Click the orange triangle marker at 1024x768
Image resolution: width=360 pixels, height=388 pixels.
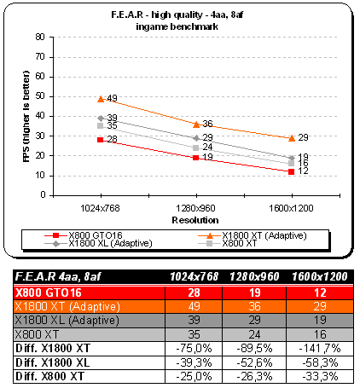pos(101,99)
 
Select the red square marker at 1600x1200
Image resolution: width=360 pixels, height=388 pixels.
pos(291,171)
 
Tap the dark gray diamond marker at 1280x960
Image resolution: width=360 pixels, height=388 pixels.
pos(196,138)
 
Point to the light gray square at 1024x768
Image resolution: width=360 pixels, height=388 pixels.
pos(101,125)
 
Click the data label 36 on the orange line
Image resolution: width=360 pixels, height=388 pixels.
pos(207,124)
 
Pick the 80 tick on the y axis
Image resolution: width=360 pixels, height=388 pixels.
pos(40,37)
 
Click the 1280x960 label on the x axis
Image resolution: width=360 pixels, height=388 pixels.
pos(195,208)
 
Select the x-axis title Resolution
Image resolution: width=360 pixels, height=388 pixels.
pos(195,220)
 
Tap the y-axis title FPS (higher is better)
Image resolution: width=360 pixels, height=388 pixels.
pos(26,116)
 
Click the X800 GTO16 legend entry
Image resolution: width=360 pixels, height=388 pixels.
pos(84,235)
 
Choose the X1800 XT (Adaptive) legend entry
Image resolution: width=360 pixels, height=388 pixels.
pos(253,235)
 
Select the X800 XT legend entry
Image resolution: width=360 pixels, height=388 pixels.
pos(228,243)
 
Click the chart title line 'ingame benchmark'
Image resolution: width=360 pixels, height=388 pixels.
pos(177,26)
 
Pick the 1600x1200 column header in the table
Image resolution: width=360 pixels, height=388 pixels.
pos(320,276)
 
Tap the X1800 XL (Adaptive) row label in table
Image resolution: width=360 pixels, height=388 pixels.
pos(67,321)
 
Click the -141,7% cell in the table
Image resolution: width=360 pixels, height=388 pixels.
pos(320,348)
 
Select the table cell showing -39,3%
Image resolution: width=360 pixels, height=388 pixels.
pos(194,362)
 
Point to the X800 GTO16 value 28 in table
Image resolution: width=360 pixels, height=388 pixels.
pos(194,292)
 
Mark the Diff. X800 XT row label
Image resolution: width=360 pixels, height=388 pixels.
pos(49,376)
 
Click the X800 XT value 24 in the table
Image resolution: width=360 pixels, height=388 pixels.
pos(254,334)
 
